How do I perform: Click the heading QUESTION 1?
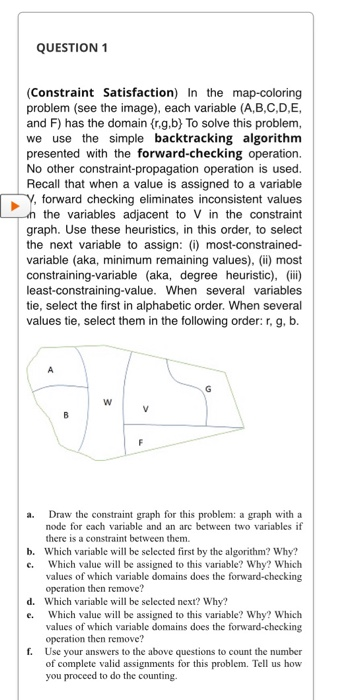77,47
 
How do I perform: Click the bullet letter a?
32,513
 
